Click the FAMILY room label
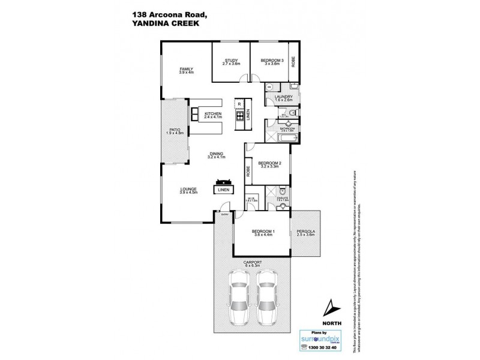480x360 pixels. click(x=186, y=69)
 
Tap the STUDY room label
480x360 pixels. click(x=232, y=61)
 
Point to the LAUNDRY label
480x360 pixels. click(x=283, y=96)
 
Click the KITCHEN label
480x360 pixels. click(x=213, y=114)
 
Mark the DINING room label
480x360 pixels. click(x=216, y=154)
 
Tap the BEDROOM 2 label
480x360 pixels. click(x=270, y=163)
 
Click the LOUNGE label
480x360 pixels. click(x=188, y=190)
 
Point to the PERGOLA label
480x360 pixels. click(x=305, y=232)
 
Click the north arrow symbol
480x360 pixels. click(x=328, y=309)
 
